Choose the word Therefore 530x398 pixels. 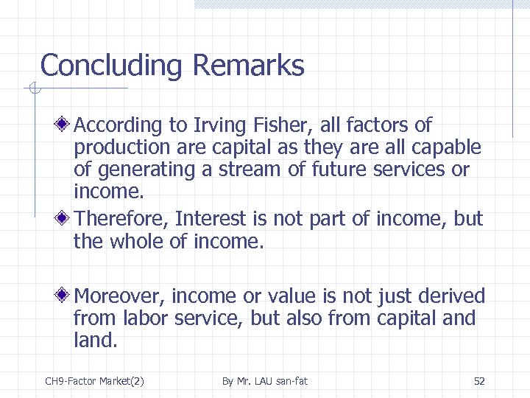click(121, 219)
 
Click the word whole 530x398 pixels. click(144, 240)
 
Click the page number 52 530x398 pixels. click(479, 381)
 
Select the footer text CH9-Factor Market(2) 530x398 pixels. click(94, 381)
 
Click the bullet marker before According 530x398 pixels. click(66, 125)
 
